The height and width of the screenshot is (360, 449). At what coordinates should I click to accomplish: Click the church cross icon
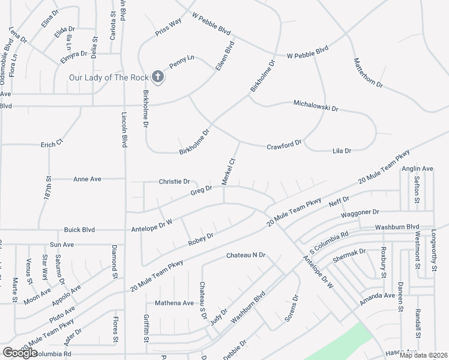coord(157,77)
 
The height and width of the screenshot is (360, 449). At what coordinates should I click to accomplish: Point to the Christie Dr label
coord(174,181)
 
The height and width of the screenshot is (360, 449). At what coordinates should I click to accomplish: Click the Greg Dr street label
coord(201,190)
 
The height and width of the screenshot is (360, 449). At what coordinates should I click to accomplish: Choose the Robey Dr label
coord(201,238)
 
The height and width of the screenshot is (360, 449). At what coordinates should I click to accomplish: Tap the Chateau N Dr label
coord(246,256)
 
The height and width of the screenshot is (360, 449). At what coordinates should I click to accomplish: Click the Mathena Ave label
coord(175,303)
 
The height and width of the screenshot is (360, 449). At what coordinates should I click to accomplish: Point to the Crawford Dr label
coord(284,145)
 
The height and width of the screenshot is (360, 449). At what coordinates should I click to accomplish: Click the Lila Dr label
coord(342,151)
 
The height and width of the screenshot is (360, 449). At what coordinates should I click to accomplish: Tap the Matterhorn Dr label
coord(368,73)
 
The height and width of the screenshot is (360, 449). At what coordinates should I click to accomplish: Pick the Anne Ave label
coord(87,179)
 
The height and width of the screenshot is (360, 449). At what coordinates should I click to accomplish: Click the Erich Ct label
coord(52,145)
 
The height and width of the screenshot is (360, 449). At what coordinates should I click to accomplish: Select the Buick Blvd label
coord(80,229)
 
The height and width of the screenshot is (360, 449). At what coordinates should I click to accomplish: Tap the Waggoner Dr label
coord(360,212)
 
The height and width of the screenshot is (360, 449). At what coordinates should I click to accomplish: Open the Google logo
coord(20,352)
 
